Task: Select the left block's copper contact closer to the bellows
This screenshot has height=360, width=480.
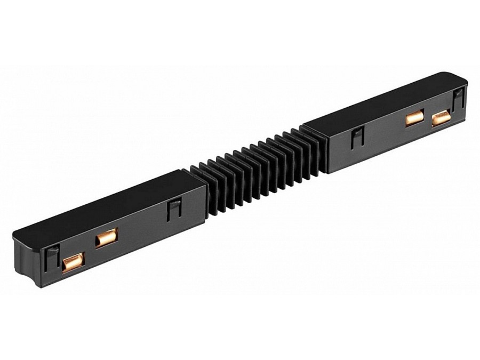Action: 107,237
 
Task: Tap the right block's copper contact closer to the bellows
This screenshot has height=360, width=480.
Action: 414,117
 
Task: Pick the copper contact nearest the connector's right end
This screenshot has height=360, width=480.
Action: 441,117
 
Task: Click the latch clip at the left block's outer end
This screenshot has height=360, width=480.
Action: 52,256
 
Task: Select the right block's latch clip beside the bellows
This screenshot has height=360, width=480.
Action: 357,138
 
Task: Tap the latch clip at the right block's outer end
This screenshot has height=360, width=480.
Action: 458,100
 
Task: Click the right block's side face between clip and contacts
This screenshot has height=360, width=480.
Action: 384,133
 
